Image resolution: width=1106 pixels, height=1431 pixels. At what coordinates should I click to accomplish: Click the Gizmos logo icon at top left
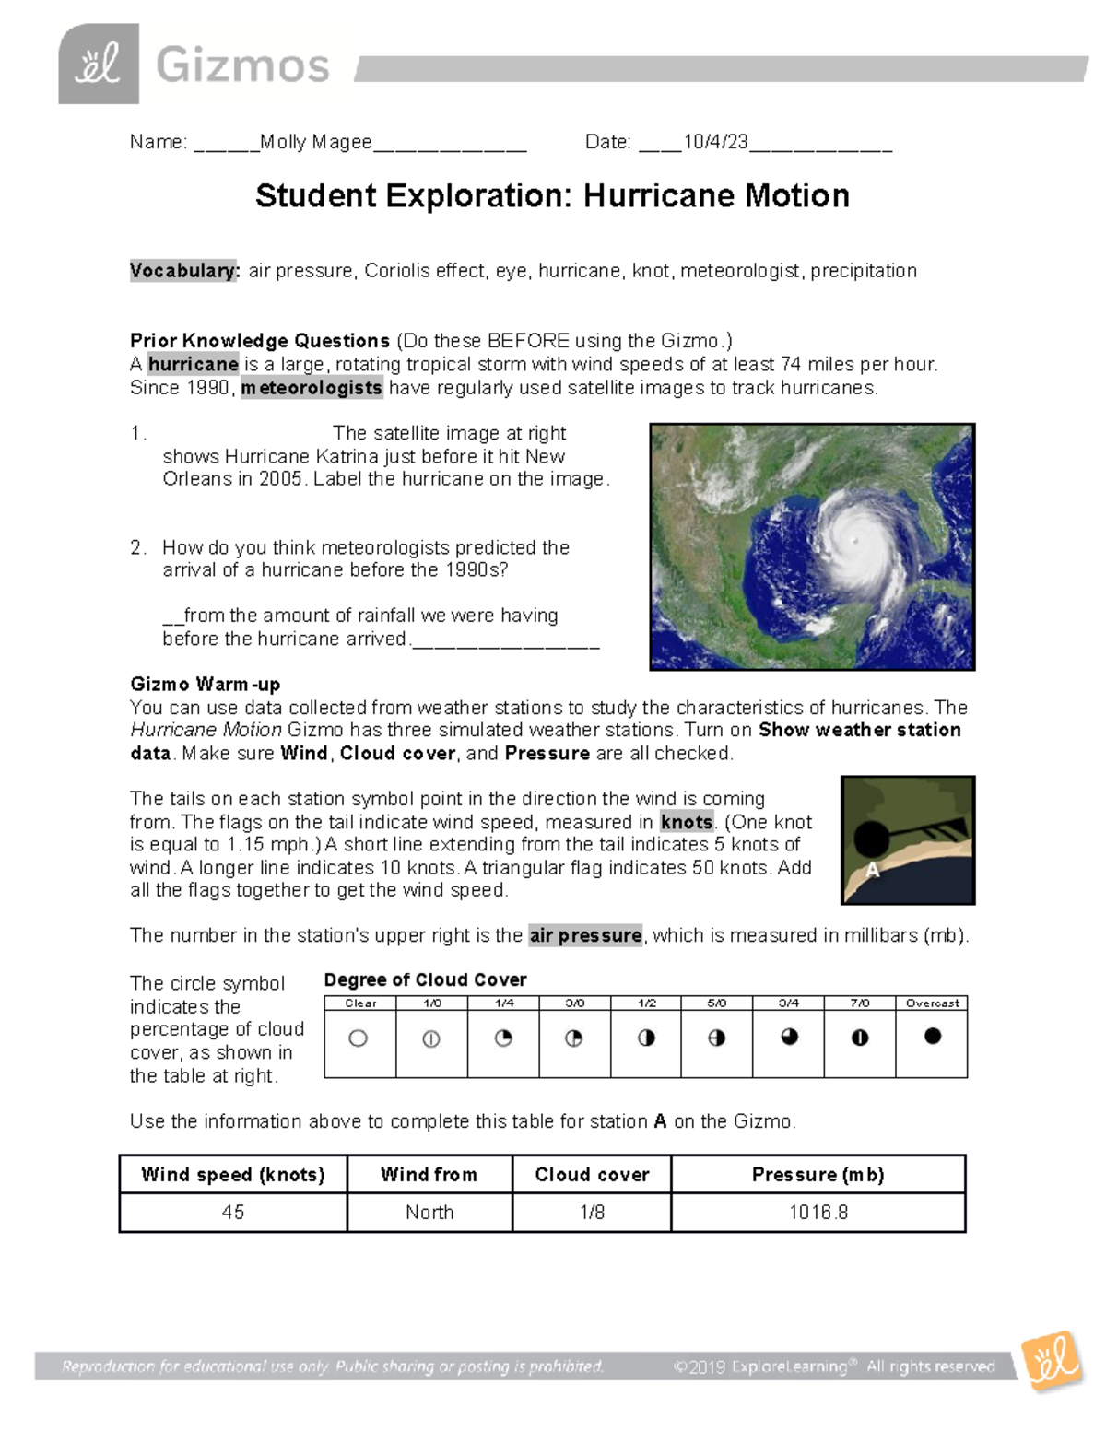pos(99,64)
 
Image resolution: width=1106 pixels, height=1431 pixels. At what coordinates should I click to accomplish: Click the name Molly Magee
pos(315,142)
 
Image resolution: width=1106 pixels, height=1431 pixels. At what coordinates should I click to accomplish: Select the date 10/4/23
pos(715,142)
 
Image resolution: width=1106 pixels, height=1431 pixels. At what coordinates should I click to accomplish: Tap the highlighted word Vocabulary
pos(184,271)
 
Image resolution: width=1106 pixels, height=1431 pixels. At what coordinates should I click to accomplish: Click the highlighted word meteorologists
pos(312,388)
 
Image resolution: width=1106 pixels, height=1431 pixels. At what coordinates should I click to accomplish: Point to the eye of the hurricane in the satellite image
pos(856,538)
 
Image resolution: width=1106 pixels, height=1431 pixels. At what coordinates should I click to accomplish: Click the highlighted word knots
pos(687,822)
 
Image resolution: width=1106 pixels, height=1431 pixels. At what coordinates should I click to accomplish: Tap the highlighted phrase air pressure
pos(586,936)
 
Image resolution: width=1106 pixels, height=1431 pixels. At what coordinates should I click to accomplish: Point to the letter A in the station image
pos(872,871)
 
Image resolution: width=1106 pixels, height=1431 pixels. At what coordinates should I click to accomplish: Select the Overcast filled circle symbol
pos(932,1037)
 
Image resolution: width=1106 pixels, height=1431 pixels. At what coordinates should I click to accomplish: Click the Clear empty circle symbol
pos(359,1038)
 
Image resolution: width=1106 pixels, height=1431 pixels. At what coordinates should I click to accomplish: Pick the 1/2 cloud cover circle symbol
pos(646,1038)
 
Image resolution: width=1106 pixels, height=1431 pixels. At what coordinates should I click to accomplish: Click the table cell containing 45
pos(233,1213)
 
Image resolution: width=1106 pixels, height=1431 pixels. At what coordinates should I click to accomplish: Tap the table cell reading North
pos(429,1213)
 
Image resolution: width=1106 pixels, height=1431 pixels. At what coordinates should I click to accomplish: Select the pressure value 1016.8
pos(818,1213)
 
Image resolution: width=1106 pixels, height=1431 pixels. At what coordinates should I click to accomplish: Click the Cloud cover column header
pos(592,1175)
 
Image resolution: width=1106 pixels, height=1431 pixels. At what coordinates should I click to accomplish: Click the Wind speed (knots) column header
pos(233,1175)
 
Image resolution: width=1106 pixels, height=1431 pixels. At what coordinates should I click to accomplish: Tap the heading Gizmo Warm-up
pos(205,685)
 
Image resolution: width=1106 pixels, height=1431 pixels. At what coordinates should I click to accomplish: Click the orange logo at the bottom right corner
pos(1052,1360)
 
